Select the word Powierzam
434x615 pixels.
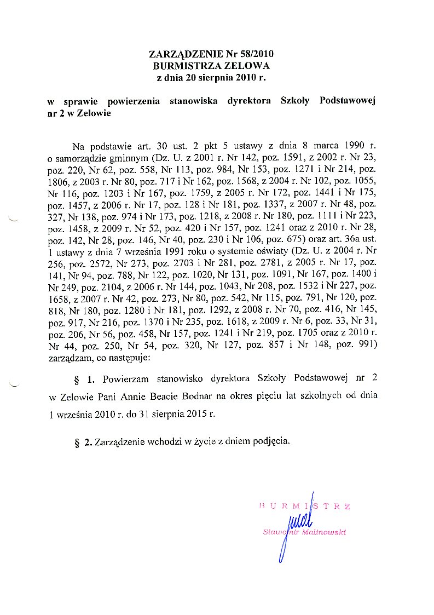coord(125,378)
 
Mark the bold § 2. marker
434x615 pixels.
coord(83,442)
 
